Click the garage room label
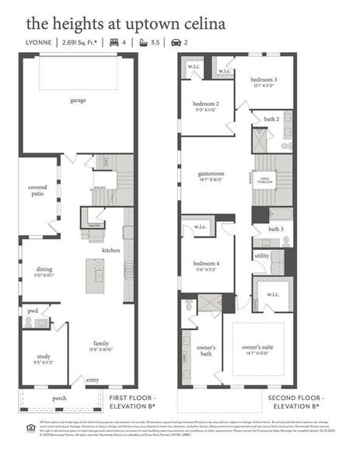(x=78, y=100)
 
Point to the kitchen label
(x=110, y=250)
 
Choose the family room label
(x=101, y=342)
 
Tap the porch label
(x=59, y=398)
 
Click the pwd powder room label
(x=33, y=310)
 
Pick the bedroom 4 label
(x=205, y=265)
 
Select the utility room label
(x=261, y=255)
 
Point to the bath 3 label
(x=276, y=229)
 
